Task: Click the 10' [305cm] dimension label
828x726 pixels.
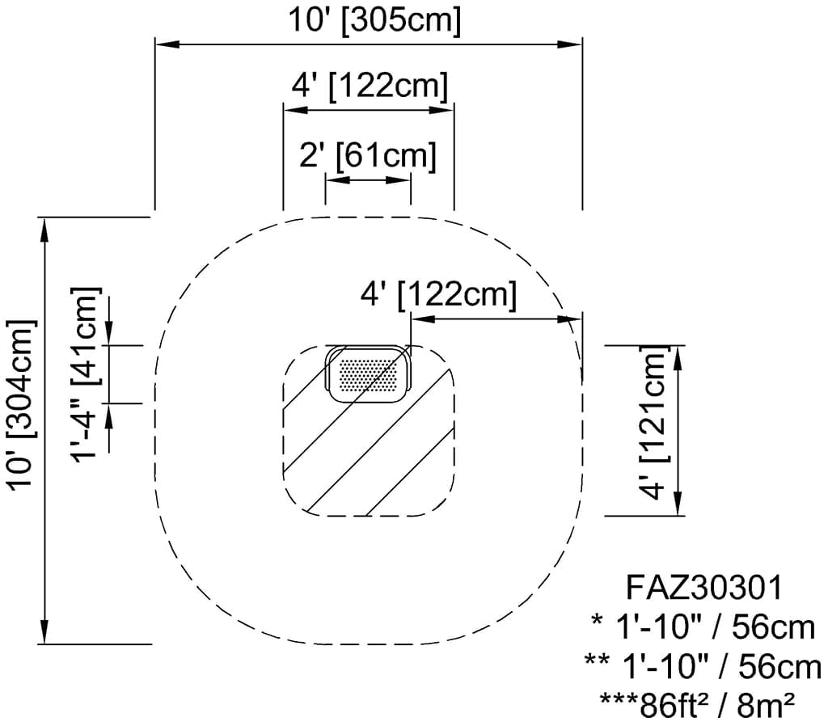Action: click(375, 21)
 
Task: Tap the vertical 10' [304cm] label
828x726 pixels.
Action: click(21, 404)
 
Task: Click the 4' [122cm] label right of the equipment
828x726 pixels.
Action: click(437, 295)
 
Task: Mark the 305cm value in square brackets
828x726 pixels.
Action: click(402, 21)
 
